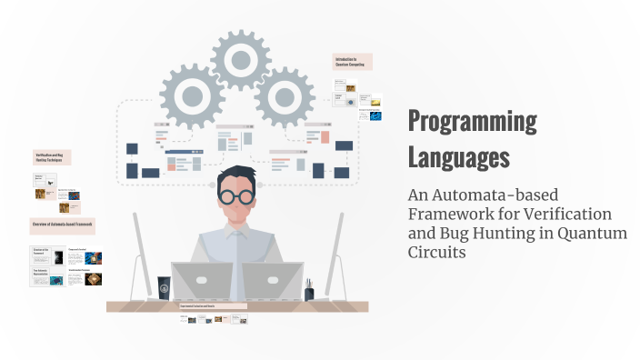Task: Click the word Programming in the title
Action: click(472, 122)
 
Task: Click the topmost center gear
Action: click(241, 61)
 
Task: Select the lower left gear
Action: click(192, 94)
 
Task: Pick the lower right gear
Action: click(285, 95)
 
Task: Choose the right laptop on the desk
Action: click(273, 281)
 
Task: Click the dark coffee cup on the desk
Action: click(165, 288)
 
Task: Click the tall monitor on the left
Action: click(143, 255)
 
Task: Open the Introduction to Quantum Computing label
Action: click(354, 62)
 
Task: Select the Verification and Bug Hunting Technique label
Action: click(53, 157)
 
